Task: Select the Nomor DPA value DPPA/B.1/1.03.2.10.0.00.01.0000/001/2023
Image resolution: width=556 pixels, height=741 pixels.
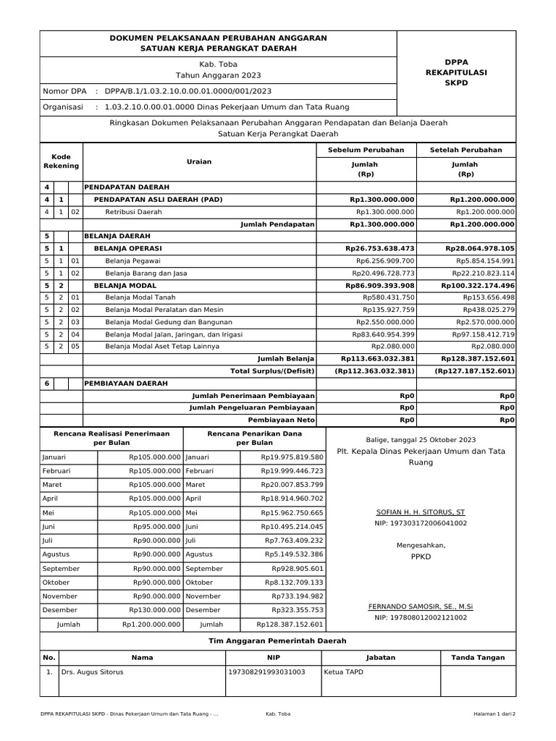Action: (x=188, y=91)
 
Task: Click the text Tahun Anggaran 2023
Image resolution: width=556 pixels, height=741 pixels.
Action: (x=218, y=75)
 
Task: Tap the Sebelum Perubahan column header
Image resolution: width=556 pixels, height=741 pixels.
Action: (x=366, y=150)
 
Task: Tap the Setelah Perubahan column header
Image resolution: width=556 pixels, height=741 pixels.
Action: (x=466, y=150)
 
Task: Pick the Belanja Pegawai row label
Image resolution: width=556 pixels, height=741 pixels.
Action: (x=132, y=261)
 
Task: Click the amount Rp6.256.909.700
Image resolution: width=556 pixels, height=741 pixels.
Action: (x=384, y=261)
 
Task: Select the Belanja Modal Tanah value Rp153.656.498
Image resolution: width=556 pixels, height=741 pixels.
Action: (x=484, y=297)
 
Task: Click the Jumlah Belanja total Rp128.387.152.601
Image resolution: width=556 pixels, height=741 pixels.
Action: (x=478, y=359)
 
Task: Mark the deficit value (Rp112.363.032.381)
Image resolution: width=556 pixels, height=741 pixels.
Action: (x=374, y=371)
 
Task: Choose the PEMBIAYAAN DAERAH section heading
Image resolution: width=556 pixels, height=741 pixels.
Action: (x=126, y=383)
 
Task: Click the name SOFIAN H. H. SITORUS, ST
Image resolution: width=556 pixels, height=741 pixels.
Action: (x=421, y=510)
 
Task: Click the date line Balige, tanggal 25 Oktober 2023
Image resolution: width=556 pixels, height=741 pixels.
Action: (x=421, y=439)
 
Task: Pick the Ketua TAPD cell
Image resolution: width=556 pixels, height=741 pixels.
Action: (x=345, y=672)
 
